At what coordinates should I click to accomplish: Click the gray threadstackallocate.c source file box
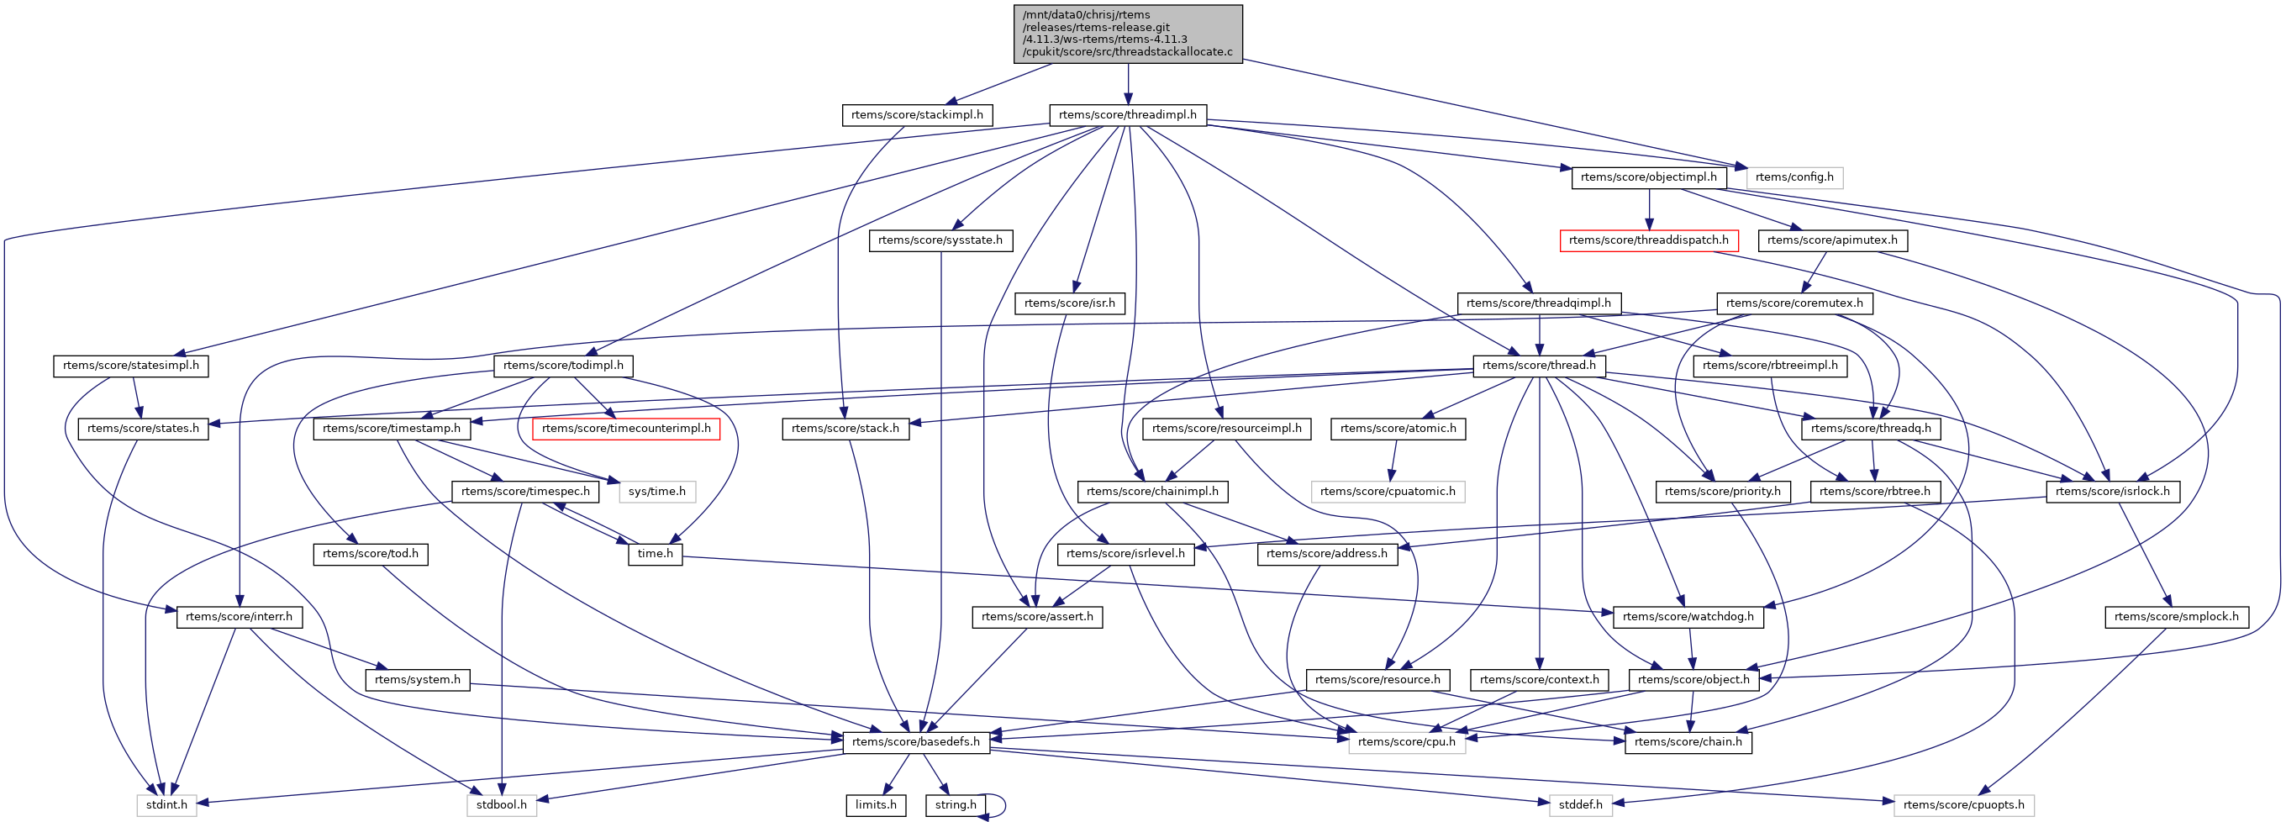(1127, 34)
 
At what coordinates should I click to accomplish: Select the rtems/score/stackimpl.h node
(917, 114)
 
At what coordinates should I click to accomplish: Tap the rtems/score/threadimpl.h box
(1127, 114)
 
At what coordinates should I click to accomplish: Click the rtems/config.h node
(1794, 177)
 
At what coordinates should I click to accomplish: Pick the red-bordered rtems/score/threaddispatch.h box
(1648, 240)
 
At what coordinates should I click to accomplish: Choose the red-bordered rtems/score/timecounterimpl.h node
(625, 428)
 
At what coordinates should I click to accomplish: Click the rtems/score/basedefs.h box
(916, 741)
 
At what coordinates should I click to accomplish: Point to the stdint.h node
(167, 804)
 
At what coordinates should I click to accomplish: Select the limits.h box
(876, 804)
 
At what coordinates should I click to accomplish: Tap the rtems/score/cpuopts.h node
(1963, 804)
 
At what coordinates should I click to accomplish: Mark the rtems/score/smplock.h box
(2176, 616)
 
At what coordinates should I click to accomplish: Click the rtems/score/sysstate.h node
(940, 240)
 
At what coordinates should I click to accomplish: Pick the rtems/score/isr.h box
(1069, 303)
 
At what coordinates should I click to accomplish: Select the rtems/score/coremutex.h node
(1794, 303)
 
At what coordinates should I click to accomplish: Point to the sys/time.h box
(656, 491)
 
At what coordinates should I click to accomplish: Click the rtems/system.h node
(417, 679)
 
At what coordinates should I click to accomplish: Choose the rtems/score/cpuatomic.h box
(1387, 491)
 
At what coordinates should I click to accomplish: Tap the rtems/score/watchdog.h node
(1688, 616)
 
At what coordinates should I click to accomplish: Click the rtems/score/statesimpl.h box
(130, 365)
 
